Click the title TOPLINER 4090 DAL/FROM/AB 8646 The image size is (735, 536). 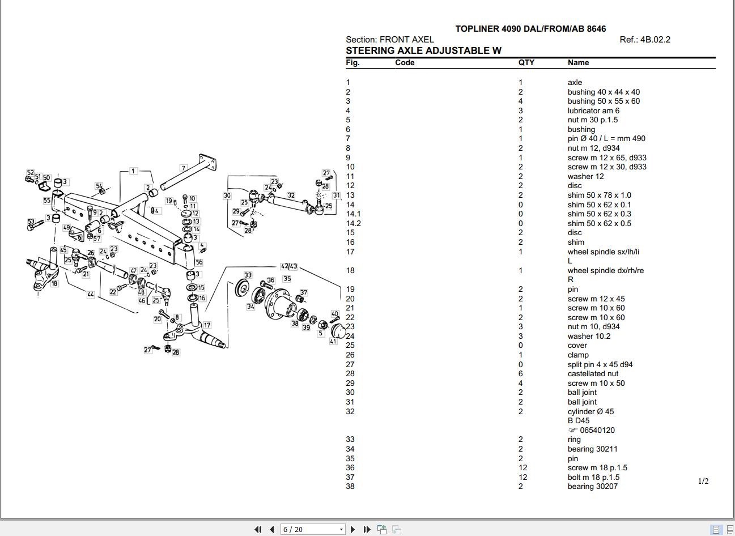[x=530, y=29]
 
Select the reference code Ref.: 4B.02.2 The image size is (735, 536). [x=645, y=40]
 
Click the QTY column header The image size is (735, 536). [x=526, y=63]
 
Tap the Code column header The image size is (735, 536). [x=405, y=63]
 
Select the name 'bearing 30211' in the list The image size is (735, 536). [x=592, y=449]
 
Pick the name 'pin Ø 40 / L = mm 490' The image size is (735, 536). [x=606, y=139]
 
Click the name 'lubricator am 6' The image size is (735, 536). [x=593, y=111]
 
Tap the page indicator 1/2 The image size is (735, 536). [x=703, y=482]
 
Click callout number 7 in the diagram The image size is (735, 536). [x=183, y=168]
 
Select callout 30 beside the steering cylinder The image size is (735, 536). [x=227, y=195]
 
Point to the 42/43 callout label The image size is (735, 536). [x=289, y=266]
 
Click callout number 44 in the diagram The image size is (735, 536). [x=91, y=295]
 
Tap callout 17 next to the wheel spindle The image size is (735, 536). [x=207, y=325]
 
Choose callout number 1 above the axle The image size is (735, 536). [x=133, y=171]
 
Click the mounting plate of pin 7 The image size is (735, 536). [x=207, y=161]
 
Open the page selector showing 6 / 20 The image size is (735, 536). [x=313, y=529]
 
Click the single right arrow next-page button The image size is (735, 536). [x=352, y=529]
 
